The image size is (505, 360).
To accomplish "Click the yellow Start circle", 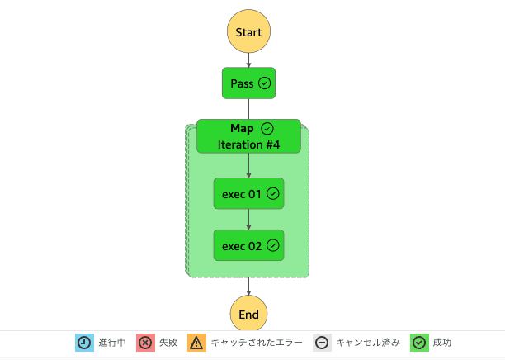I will (248, 32).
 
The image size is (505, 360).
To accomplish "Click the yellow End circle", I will (248, 314).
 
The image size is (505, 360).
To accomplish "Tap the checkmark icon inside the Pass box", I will (265, 83).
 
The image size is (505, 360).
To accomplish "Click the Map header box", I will (248, 136).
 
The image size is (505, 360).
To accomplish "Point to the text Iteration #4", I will (248, 144).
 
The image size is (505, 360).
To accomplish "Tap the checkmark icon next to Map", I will (267, 129).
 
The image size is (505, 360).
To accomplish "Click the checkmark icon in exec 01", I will (273, 193).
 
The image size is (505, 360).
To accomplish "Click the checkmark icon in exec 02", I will (273, 245).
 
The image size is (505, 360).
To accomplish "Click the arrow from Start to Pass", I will (248, 60).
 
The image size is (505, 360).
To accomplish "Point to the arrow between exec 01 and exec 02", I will (248, 220).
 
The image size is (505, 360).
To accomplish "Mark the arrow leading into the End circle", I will (248, 286).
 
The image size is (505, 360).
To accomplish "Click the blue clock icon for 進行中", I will (85, 343).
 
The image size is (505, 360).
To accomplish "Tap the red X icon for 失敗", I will (145, 343).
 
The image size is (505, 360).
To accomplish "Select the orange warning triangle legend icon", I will (196, 343).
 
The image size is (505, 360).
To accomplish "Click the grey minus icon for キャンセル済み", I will (322, 343).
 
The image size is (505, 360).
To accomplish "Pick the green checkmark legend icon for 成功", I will (419, 343).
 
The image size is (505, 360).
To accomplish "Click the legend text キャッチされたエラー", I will (257, 343).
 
